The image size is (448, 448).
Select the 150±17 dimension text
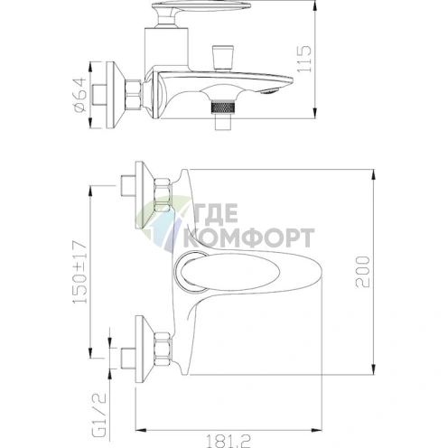point(80,272)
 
